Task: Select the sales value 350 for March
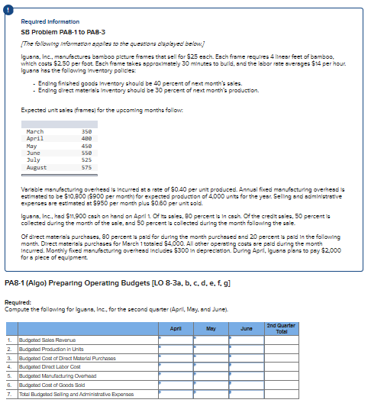pos(86,131)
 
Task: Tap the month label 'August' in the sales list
pos(36,167)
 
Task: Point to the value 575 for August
pos(86,167)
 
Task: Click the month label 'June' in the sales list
pos(32,153)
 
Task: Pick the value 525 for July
pos(86,160)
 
